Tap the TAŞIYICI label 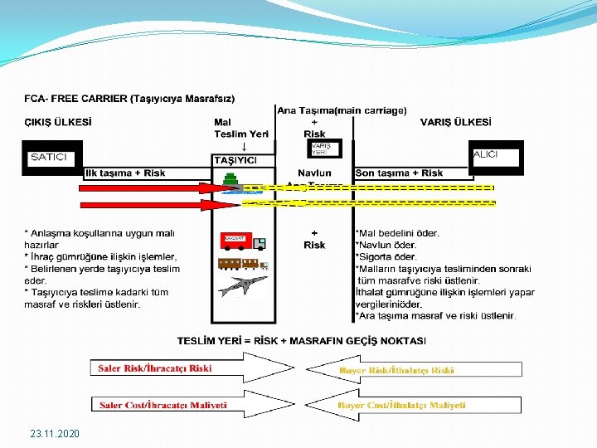point(235,159)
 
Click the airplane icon point(243,286)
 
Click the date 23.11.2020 point(55,433)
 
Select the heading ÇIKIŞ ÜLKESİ point(58,121)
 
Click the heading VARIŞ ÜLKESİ point(455,121)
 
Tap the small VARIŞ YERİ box point(321,149)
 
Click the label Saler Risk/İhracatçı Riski point(156,368)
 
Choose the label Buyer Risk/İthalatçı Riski point(396,370)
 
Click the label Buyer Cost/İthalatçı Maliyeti point(402,406)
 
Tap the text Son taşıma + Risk point(399,173)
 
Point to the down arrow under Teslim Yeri point(243,146)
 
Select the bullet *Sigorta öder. point(386,256)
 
